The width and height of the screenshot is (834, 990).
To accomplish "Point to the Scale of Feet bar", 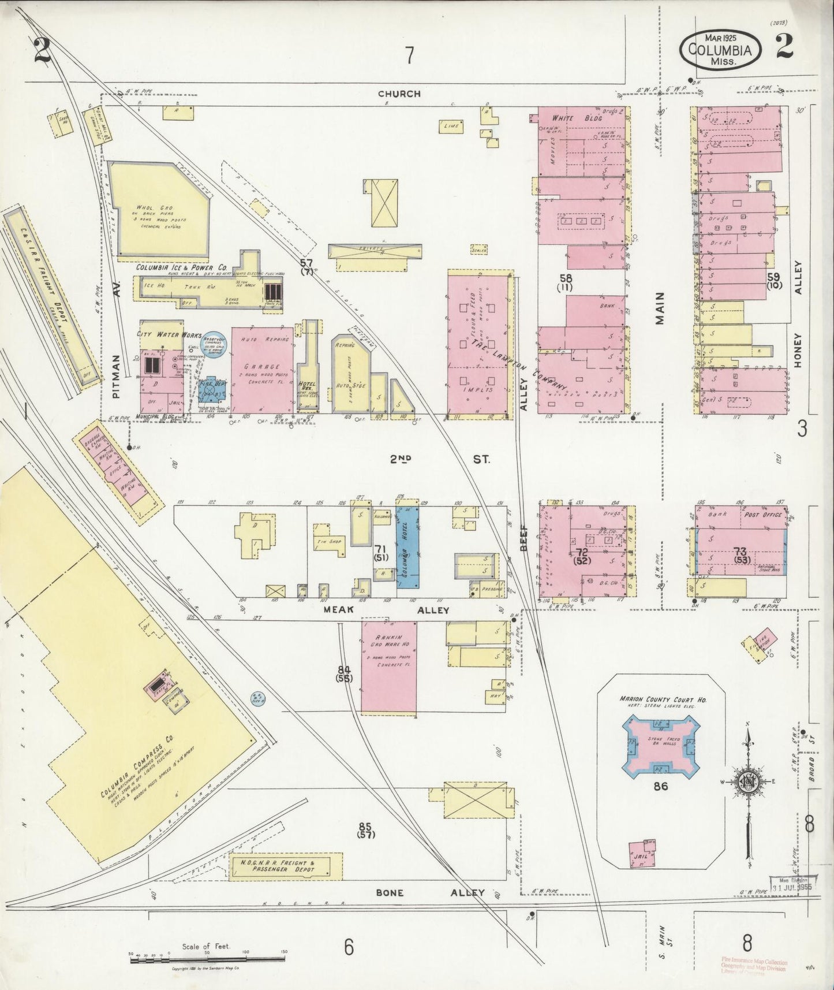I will coord(208,957).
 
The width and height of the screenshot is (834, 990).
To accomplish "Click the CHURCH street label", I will coord(399,93).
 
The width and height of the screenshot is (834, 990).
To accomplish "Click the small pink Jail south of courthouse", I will coord(642,853).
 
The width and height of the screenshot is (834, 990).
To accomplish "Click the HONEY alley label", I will coord(798,349).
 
